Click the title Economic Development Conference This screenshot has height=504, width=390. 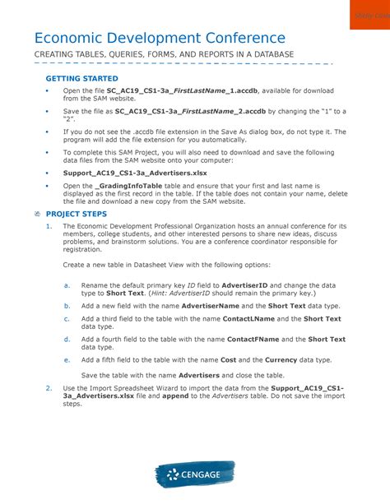[x=160, y=38]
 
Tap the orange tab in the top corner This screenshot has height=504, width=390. [x=369, y=15]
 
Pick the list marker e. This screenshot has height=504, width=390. [x=67, y=359]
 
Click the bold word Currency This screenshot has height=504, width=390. [x=259, y=359]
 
